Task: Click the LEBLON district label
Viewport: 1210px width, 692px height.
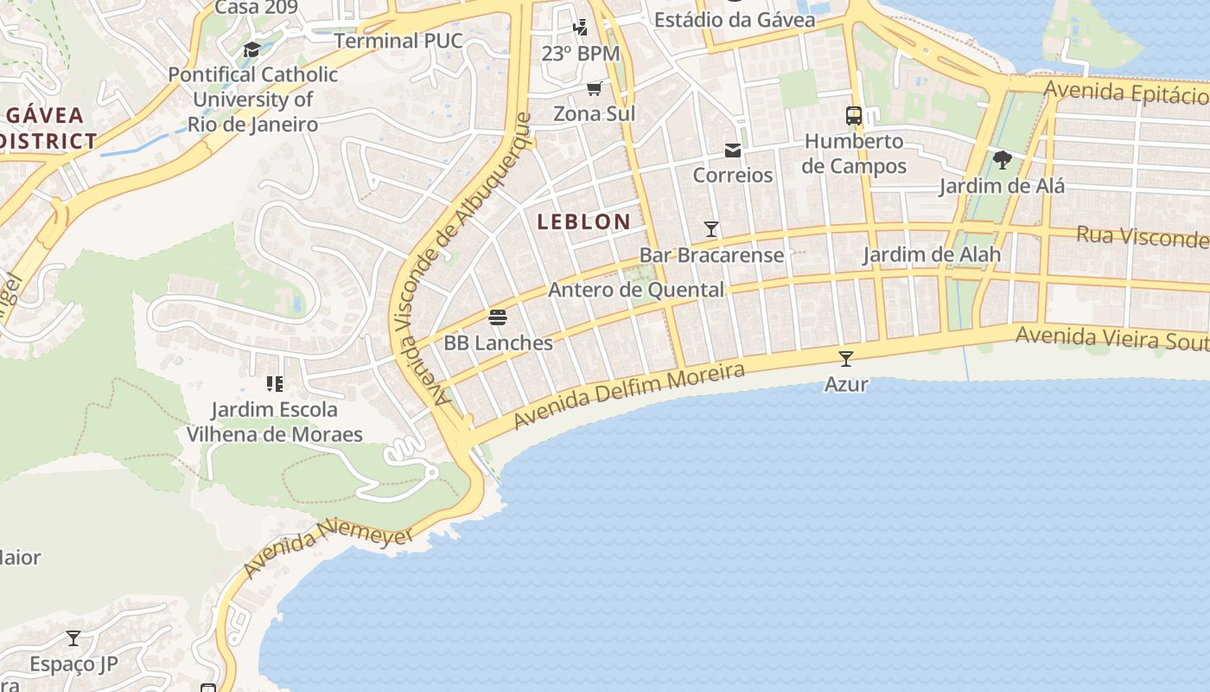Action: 583,221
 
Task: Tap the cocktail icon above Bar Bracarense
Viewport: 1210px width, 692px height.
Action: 711,229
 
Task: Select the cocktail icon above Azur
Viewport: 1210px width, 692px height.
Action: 846,358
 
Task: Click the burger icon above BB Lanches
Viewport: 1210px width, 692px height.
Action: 497,317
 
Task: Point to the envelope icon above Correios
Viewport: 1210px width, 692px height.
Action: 733,151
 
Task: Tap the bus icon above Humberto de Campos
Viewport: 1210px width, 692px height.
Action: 854,115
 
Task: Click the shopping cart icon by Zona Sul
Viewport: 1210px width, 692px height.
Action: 595,88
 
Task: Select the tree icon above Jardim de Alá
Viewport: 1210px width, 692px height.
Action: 1003,160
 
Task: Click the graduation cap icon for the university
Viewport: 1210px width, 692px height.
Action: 252,49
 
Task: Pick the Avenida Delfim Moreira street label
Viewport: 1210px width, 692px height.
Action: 628,395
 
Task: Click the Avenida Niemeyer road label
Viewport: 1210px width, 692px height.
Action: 328,548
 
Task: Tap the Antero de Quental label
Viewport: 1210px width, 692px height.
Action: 636,290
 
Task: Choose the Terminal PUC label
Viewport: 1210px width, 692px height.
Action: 398,41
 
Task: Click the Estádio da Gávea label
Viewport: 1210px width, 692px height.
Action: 734,19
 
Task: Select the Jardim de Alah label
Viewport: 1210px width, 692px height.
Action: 931,254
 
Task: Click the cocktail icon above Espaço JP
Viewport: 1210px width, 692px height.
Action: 73,638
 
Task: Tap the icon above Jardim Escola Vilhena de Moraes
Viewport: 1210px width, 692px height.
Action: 275,383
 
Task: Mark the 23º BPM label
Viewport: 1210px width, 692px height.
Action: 580,54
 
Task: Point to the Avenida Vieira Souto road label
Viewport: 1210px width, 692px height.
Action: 1111,337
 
